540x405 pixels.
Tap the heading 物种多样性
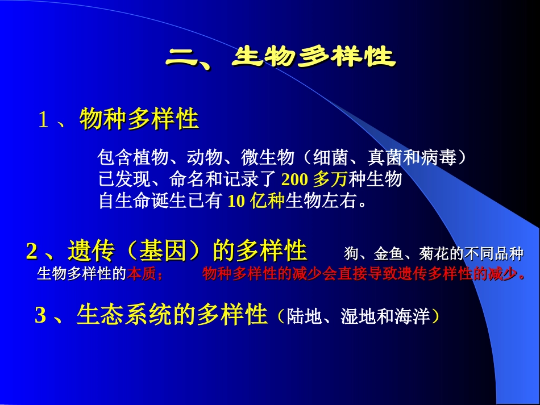pyautogui.click(x=139, y=119)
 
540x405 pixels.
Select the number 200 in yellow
pyautogui.click(x=294, y=179)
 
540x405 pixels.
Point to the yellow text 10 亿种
pyautogui.click(x=256, y=201)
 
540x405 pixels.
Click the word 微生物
pyautogui.click(x=267, y=157)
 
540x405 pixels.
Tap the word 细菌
pyautogui.click(x=328, y=157)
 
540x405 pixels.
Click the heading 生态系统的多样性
pyautogui.click(x=172, y=315)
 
